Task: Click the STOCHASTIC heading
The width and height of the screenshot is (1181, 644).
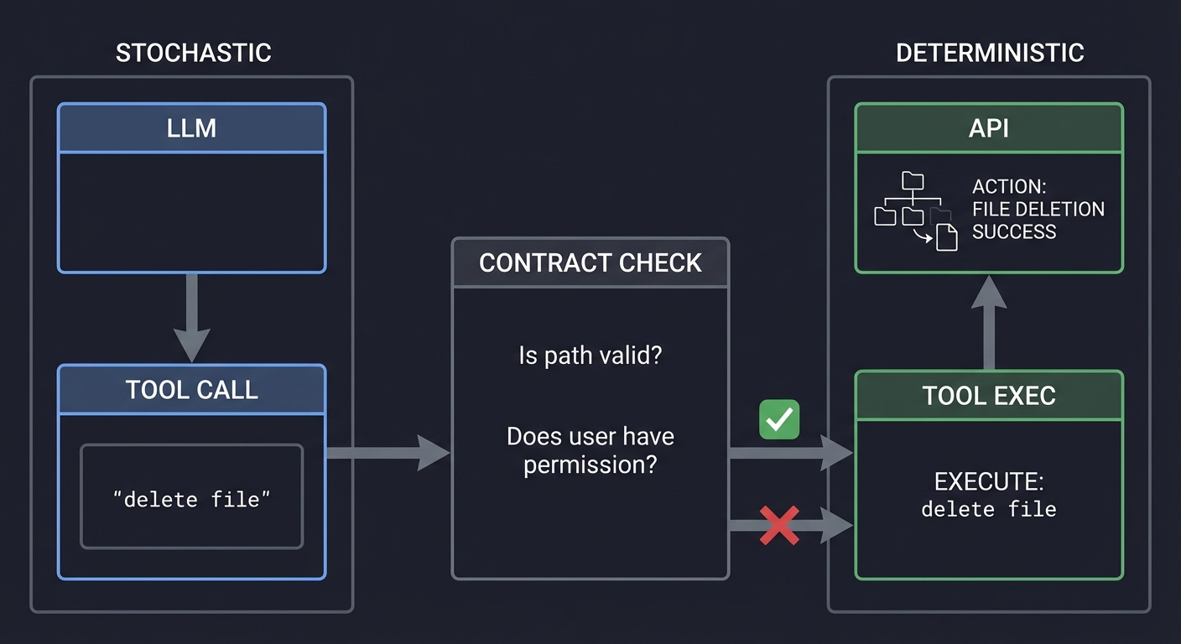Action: (x=193, y=53)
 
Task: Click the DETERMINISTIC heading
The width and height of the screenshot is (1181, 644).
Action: (x=990, y=53)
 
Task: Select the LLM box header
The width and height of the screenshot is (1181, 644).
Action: (x=191, y=128)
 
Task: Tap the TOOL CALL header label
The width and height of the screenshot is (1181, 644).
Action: (x=191, y=390)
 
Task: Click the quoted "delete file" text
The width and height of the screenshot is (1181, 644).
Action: (x=191, y=499)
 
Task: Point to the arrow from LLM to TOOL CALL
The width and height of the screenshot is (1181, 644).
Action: (x=191, y=317)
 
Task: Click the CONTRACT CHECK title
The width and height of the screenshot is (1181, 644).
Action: (x=590, y=263)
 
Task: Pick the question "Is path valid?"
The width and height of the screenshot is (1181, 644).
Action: (x=590, y=356)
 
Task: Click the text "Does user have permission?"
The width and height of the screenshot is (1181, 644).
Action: (x=590, y=450)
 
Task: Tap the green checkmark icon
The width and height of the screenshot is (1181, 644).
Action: (x=779, y=419)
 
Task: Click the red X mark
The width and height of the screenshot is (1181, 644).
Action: (x=779, y=526)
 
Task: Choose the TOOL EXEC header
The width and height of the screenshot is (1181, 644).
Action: (x=989, y=396)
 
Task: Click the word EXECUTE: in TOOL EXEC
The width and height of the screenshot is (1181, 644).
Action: (x=988, y=481)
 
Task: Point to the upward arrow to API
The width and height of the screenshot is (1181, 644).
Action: (x=989, y=322)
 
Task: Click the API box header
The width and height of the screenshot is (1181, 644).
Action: (x=989, y=128)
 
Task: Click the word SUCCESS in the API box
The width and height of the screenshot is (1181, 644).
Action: (x=1013, y=231)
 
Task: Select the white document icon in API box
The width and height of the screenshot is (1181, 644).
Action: (x=946, y=236)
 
